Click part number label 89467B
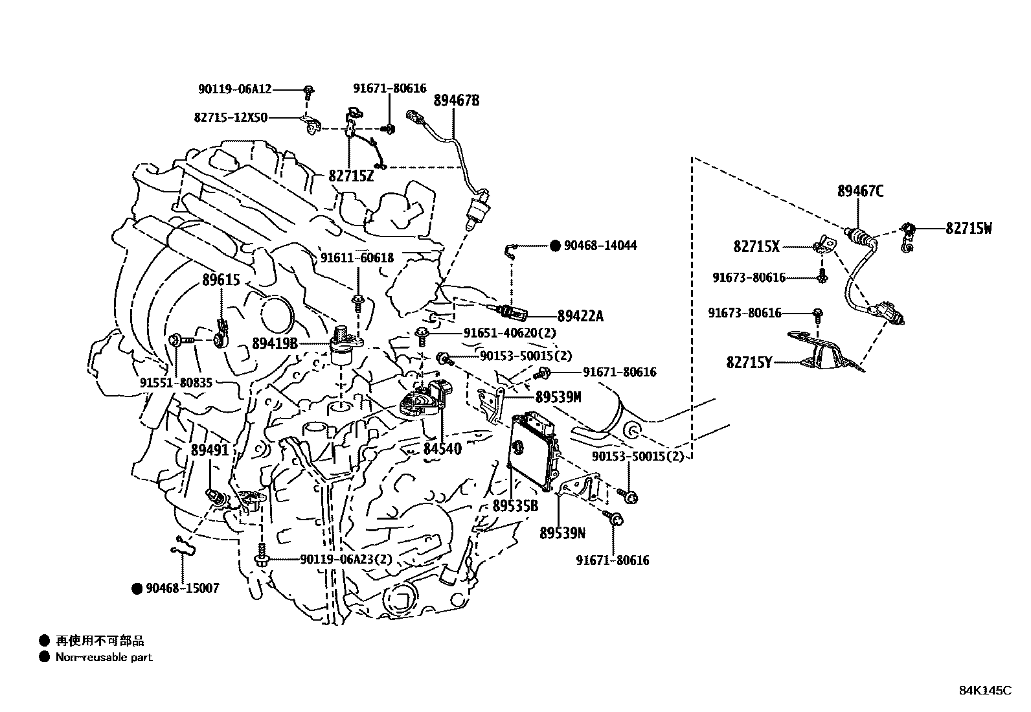click(457, 100)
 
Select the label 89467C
click(860, 191)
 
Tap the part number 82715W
click(968, 228)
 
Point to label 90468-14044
click(600, 246)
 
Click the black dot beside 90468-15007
click(137, 588)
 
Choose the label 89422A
click(580, 316)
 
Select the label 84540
click(442, 448)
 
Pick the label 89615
click(221, 281)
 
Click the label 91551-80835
click(176, 383)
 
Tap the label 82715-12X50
click(231, 118)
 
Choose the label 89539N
click(562, 533)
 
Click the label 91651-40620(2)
click(510, 333)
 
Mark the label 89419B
click(275, 343)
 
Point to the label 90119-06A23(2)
click(346, 559)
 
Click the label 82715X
click(756, 246)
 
